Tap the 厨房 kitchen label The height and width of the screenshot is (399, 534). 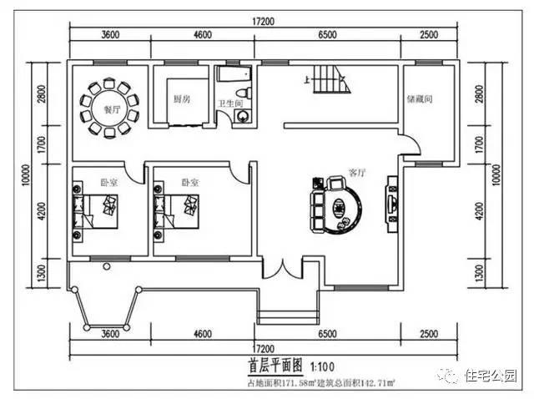(x=180, y=98)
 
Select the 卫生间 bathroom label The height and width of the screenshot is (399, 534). (x=229, y=104)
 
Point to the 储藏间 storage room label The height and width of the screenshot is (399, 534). (x=419, y=99)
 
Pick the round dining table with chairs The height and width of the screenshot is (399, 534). (x=109, y=109)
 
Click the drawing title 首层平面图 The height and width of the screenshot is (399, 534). (x=276, y=366)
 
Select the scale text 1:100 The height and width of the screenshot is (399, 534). (x=324, y=366)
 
